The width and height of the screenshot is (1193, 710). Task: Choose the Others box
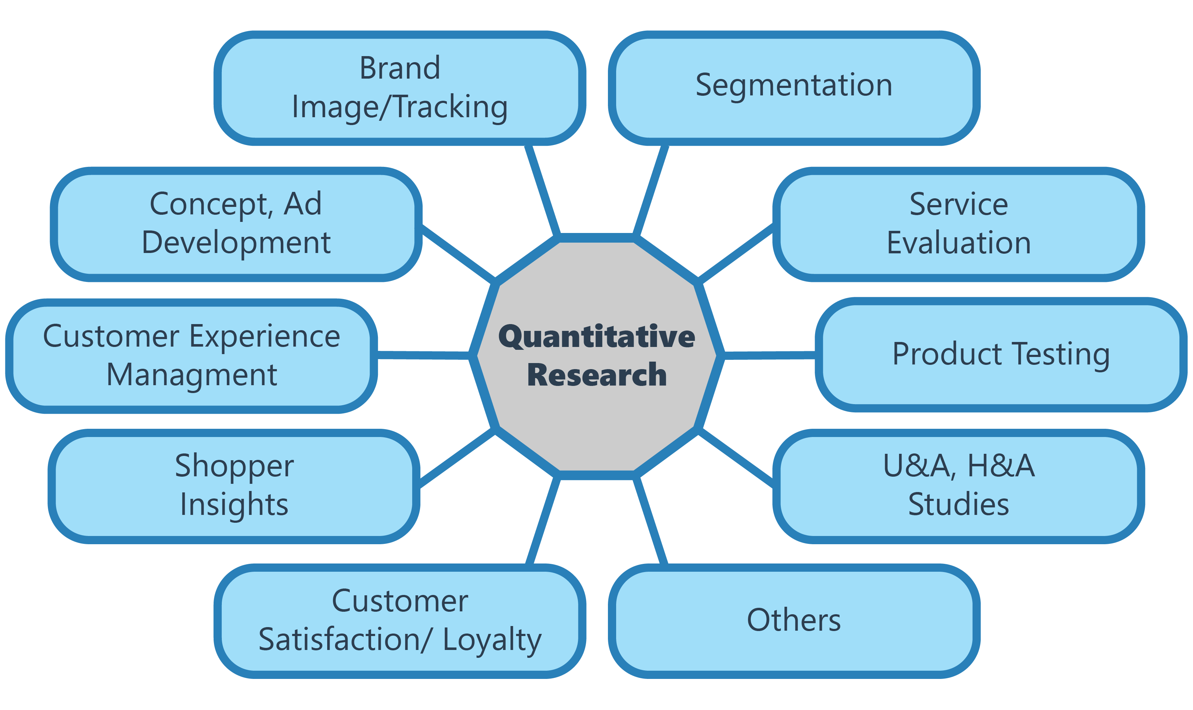point(794,621)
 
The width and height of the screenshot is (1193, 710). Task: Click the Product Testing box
point(1001,354)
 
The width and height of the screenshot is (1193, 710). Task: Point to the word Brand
point(400,68)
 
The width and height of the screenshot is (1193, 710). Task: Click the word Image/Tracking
point(400,108)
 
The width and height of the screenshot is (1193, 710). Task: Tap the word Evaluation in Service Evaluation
point(959,243)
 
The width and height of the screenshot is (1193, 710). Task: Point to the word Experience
point(265,337)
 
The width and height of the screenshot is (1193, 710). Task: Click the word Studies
point(959,504)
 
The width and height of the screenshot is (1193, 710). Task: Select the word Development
point(236,243)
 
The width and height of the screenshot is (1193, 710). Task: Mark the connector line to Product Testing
point(769,356)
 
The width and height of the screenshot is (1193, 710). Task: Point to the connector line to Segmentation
point(651,190)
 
